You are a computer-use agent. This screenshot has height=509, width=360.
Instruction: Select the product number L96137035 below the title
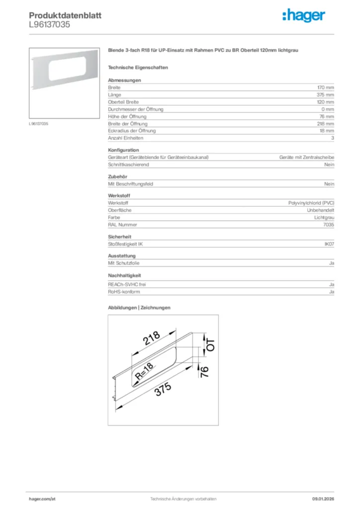click(x=46, y=24)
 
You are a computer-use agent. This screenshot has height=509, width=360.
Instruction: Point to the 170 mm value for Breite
click(x=326, y=87)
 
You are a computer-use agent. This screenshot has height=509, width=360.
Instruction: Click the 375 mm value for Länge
click(x=326, y=94)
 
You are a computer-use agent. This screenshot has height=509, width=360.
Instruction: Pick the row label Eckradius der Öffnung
click(x=132, y=131)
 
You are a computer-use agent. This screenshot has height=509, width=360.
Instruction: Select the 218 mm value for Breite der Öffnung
click(x=326, y=124)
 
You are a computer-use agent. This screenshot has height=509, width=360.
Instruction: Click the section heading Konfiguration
click(x=123, y=150)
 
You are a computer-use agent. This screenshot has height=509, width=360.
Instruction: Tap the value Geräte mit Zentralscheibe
click(x=307, y=157)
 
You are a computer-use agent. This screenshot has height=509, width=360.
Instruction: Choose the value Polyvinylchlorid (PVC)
click(x=311, y=203)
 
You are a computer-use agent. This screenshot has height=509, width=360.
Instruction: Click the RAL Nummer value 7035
click(x=329, y=225)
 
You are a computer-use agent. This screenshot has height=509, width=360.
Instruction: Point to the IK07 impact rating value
click(x=329, y=244)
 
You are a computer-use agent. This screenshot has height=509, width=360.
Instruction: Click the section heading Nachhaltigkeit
click(x=125, y=275)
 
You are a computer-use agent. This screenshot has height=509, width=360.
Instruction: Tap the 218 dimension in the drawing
click(x=152, y=339)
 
